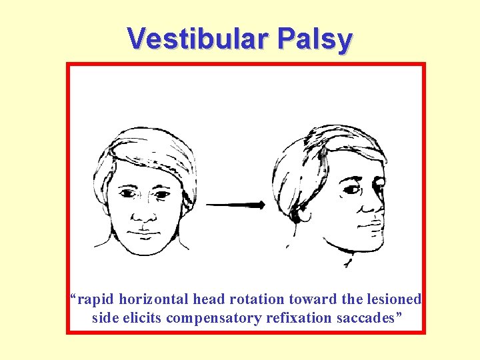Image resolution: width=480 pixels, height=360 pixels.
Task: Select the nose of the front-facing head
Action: pyautogui.click(x=143, y=214)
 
